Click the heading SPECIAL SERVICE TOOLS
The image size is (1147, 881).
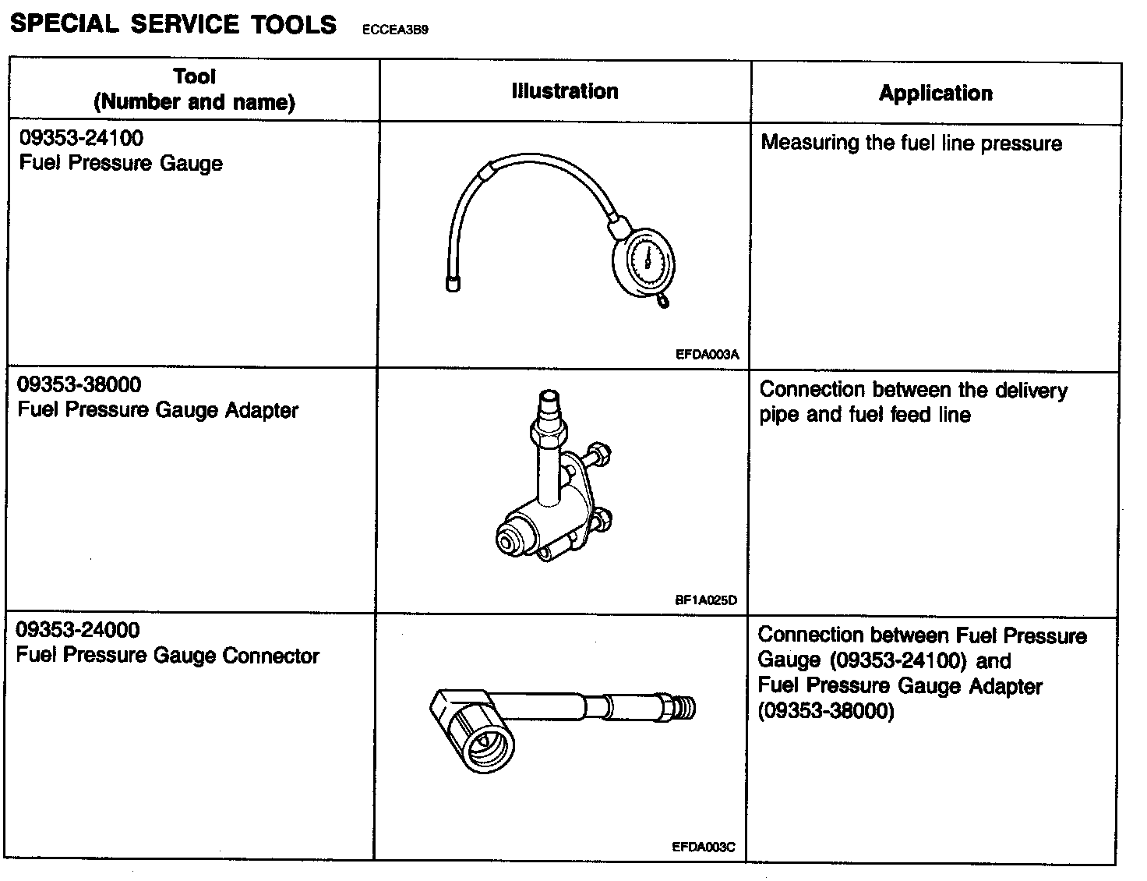click(x=173, y=24)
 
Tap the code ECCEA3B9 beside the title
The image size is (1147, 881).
click(x=394, y=30)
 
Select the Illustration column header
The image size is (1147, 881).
click(x=565, y=91)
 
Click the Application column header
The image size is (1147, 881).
click(x=936, y=94)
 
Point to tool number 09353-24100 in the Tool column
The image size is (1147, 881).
click(x=81, y=139)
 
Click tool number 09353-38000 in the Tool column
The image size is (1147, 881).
click(x=79, y=384)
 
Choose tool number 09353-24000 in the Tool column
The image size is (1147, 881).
click(x=78, y=630)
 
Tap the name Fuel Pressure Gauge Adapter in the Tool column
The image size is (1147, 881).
click(x=157, y=410)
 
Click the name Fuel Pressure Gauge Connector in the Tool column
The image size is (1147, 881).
click(x=168, y=656)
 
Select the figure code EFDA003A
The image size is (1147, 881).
click(x=707, y=355)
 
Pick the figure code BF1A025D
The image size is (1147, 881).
click(x=705, y=600)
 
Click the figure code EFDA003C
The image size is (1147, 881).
click(x=704, y=847)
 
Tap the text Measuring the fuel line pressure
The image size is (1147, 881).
click(x=912, y=143)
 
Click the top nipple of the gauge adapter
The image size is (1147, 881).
click(x=550, y=405)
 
